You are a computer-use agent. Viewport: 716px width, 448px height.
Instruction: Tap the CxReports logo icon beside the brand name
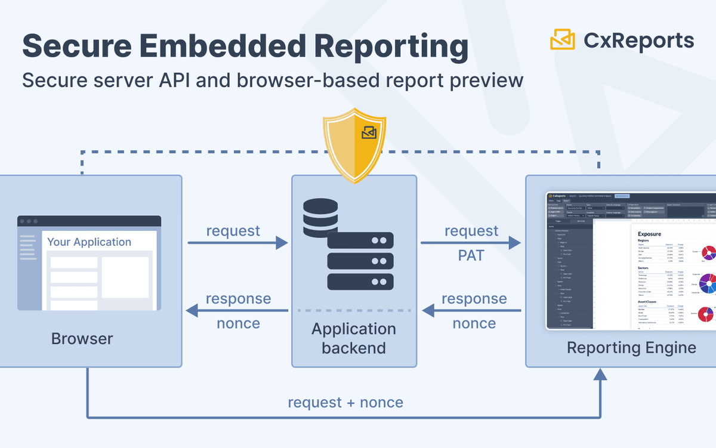(562, 40)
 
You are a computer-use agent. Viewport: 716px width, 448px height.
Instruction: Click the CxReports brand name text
(638, 41)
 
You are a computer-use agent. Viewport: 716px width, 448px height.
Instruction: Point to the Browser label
(82, 339)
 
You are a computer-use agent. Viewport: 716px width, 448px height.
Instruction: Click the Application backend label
(354, 338)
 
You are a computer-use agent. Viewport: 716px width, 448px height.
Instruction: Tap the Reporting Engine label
(631, 347)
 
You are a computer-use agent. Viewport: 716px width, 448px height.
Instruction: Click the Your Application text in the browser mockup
(89, 242)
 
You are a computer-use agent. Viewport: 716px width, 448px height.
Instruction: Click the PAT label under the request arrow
(471, 256)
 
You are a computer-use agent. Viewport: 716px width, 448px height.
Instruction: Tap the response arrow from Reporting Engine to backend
(471, 310)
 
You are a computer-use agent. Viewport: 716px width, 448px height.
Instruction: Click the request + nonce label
(345, 403)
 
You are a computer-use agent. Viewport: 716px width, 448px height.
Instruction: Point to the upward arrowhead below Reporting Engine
(600, 375)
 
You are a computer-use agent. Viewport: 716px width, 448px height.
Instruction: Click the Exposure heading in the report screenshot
(649, 234)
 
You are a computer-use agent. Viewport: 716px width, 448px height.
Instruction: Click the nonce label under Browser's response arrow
(238, 323)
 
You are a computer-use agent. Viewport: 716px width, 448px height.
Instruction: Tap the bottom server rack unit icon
(360, 281)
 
